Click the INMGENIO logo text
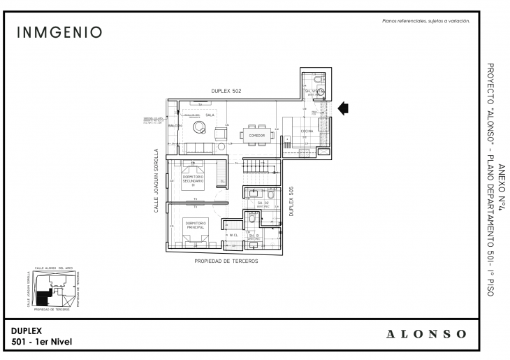point(59,33)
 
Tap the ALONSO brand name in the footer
point(426,333)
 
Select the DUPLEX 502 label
point(227,92)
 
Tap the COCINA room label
point(306,131)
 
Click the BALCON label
point(175,126)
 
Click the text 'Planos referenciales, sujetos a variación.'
point(425,22)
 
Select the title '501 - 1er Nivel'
point(42,341)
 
